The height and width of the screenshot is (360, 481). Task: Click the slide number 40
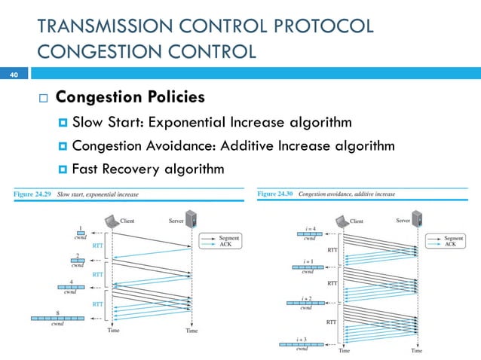click(x=13, y=75)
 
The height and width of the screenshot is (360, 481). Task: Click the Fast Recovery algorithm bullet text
click(x=148, y=169)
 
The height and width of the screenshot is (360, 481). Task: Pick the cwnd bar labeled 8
click(x=57, y=319)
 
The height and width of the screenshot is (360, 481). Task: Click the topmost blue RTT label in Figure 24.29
click(x=97, y=245)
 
